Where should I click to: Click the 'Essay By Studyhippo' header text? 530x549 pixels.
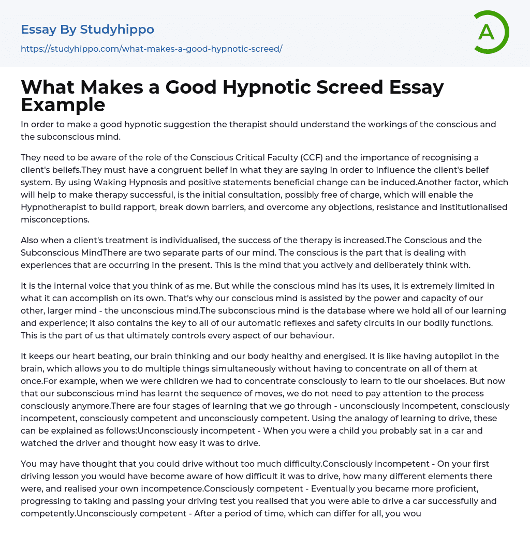87,29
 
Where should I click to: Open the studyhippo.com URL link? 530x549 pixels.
151,49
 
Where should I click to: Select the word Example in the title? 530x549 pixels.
63,105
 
